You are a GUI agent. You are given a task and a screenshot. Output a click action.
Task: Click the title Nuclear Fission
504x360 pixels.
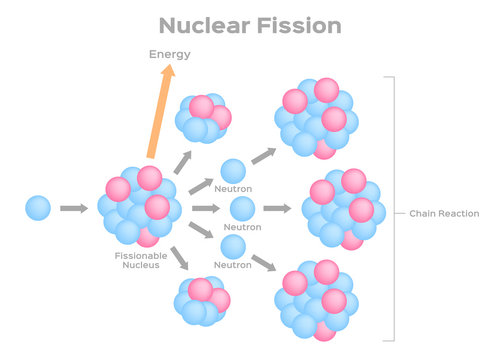251,24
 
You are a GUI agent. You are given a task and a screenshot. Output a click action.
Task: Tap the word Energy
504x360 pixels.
170,54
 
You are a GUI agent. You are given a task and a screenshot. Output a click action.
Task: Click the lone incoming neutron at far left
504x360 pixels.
38,208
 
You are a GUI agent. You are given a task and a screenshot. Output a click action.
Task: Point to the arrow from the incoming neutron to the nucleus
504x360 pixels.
73,208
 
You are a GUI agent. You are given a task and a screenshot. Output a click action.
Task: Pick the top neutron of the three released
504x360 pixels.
233,171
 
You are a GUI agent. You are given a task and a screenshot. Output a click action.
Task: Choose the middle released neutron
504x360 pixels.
242,208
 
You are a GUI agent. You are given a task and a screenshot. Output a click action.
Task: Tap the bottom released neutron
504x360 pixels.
233,246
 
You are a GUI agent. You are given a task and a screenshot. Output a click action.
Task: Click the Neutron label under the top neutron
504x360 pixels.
234,189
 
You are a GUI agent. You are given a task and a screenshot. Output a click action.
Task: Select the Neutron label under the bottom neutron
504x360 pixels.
234,265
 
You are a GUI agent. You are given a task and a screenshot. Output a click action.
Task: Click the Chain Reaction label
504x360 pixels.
445,213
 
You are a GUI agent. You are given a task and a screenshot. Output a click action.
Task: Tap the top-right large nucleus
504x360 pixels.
317,117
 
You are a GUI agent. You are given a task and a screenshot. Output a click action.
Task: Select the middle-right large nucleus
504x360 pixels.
343,208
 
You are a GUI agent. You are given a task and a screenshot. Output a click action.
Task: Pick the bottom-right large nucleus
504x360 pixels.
317,299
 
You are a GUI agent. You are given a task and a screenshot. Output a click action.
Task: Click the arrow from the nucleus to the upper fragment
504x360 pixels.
181,159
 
